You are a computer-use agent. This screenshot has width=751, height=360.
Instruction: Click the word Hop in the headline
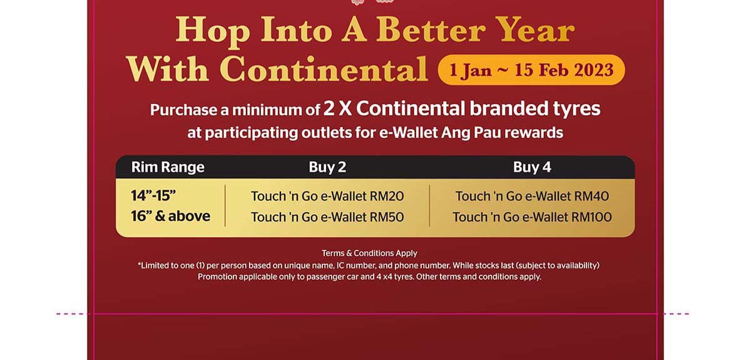coord(213,32)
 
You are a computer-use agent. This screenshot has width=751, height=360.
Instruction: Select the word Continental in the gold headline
coord(324,69)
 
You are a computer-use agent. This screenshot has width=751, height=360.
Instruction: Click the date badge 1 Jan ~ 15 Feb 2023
coord(531,69)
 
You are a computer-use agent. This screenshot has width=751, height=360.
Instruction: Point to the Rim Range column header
coord(168,167)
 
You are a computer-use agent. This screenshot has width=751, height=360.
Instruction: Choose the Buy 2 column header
coord(327,167)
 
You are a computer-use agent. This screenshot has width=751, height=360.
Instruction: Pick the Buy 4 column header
coord(532,167)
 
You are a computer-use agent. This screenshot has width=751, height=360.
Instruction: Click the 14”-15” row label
coord(153,195)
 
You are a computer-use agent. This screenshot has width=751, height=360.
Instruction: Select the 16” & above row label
coord(171,216)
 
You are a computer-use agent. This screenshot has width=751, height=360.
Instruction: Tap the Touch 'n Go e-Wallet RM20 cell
coord(327,196)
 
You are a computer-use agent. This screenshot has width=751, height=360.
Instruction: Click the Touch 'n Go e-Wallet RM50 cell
coord(327,217)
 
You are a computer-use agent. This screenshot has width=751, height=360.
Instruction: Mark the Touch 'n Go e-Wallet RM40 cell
coord(532,196)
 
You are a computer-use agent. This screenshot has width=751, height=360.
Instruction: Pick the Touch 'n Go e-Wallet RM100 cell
coord(532,217)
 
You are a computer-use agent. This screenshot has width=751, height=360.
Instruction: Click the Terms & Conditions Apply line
coord(369,254)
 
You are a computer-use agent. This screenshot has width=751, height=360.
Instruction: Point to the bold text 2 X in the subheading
coord(337,109)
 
